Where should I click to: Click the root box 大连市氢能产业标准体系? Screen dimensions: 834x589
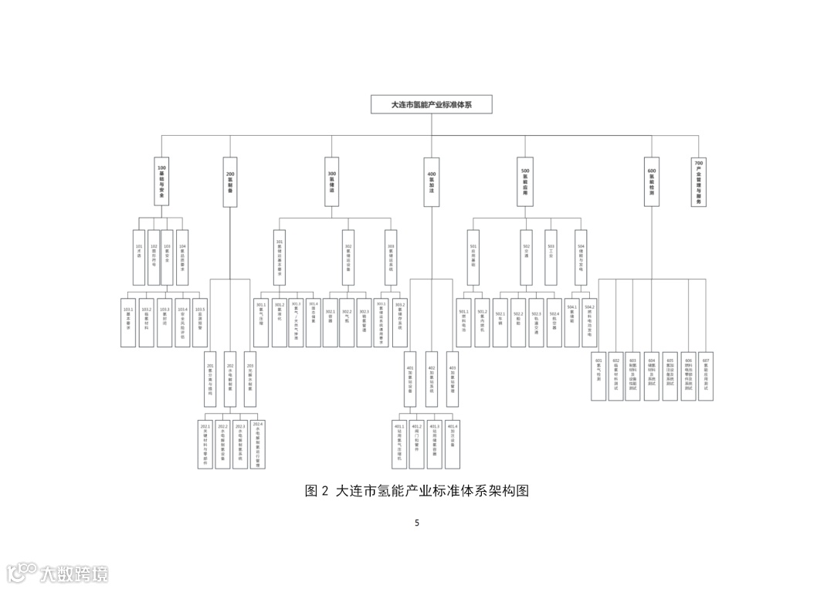tap(432, 104)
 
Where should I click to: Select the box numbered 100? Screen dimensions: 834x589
tap(161, 181)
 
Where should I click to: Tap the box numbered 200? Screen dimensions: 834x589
tap(230, 181)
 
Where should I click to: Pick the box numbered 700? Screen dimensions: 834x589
tap(699, 181)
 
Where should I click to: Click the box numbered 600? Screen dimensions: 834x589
tap(652, 181)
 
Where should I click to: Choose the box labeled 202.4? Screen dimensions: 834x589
tap(258, 444)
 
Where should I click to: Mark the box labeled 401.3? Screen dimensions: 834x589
tap(435, 444)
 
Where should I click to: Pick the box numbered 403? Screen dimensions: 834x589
tap(453, 378)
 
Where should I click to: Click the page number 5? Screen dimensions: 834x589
tap(417, 523)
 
